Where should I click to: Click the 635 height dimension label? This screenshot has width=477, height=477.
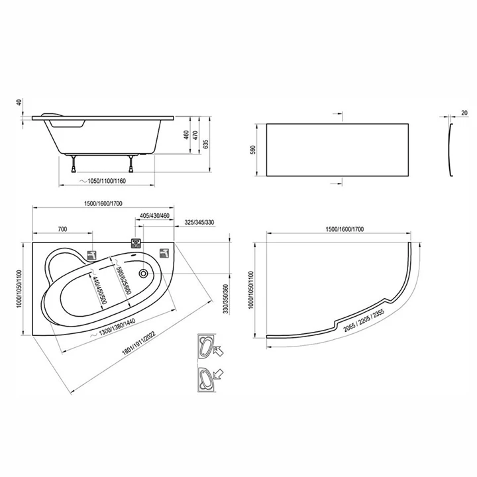tap(206, 144)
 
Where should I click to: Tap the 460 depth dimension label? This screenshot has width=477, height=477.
tap(186, 135)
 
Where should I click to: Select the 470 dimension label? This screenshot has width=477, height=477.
tap(195, 135)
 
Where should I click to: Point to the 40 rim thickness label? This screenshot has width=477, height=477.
tap(20, 102)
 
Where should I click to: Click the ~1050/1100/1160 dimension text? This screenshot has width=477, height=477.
tap(103, 181)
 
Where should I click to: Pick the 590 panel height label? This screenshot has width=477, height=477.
tap(253, 150)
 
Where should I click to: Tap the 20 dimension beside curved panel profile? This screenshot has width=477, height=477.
tap(464, 113)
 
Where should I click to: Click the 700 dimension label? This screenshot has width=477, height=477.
tap(62, 229)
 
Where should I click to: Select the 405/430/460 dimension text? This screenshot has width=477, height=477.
tap(154, 216)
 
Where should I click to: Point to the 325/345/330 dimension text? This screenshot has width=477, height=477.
tap(199, 223)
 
